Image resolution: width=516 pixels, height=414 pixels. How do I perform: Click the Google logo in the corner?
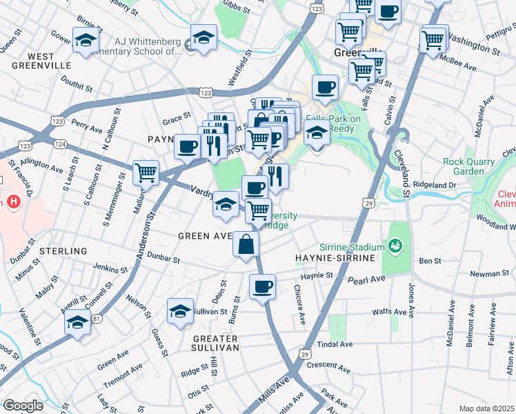[x=23, y=406]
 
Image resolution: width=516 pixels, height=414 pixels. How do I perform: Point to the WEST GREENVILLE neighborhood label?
[x=41, y=60]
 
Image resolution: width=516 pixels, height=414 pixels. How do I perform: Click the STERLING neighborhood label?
[x=63, y=251]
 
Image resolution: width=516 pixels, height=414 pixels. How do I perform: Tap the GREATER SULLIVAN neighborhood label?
[x=215, y=343]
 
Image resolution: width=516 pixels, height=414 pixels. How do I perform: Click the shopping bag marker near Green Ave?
[x=246, y=244]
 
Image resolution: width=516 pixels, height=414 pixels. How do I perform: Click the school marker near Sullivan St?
[x=180, y=312]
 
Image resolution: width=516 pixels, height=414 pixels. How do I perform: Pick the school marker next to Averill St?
[x=78, y=322]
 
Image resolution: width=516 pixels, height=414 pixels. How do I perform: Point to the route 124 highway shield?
[x=61, y=144]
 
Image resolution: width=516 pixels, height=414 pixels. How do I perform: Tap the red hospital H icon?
[x=12, y=202]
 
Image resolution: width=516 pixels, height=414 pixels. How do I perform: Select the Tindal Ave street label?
[x=335, y=344]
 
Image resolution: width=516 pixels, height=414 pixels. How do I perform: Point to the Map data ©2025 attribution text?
[x=486, y=408]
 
